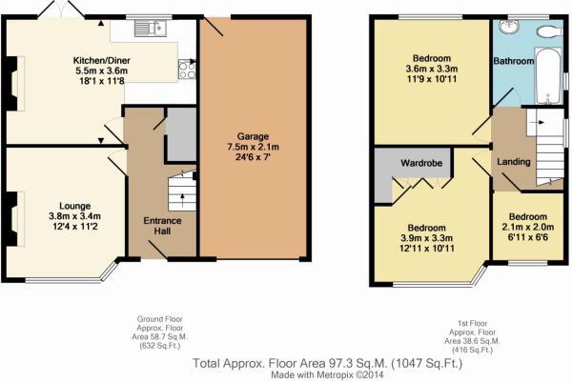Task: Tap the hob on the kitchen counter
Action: [186, 69]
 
